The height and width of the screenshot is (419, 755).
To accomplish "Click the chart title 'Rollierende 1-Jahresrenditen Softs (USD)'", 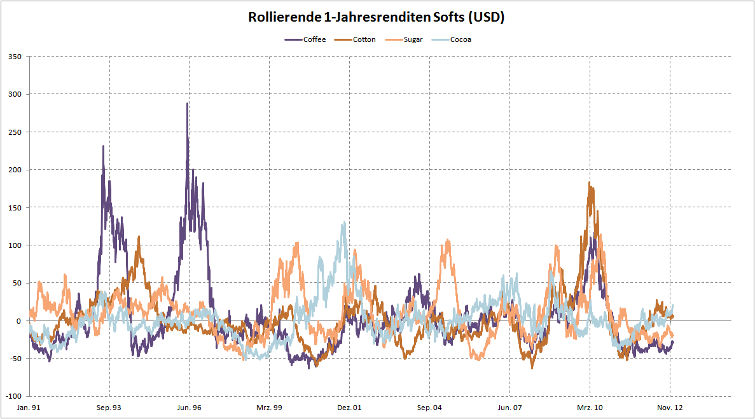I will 377,18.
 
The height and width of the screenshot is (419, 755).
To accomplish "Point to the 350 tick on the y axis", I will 15,57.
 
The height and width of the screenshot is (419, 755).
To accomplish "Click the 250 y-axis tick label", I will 15,132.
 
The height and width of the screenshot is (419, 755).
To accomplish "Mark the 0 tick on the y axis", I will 19,320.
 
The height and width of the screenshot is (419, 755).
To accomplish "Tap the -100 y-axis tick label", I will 13,396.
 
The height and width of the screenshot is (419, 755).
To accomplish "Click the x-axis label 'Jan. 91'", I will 29,408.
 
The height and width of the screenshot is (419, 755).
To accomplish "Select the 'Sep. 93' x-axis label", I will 109,408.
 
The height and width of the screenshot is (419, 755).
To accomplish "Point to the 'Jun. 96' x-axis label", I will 190,408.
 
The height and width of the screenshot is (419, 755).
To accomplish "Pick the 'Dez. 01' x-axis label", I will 349,408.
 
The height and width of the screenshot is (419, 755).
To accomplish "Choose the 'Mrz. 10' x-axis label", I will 590,408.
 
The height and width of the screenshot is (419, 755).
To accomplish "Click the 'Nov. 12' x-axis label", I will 670,408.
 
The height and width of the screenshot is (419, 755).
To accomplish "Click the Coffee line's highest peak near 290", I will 187,104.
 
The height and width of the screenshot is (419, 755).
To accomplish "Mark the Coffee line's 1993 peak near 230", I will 103,146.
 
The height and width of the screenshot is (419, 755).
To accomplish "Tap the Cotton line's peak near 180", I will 590,183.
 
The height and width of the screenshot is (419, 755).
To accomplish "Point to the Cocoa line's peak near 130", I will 344,223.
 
